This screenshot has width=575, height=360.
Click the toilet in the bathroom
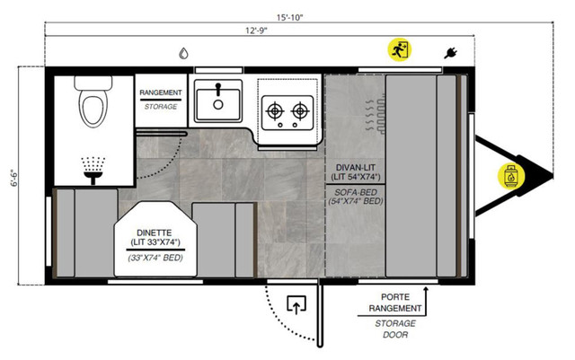(x=93, y=101)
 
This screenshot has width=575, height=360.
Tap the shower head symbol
(x=93, y=171)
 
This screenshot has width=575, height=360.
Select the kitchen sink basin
(x=218, y=105)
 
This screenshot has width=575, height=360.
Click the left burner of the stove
(x=275, y=110)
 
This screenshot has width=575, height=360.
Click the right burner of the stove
(x=300, y=110)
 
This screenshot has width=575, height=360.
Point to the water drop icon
(x=183, y=54)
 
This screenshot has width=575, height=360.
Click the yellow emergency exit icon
(x=399, y=49)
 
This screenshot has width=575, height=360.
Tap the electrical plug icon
(x=450, y=53)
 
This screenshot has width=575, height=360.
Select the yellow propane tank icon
(x=511, y=176)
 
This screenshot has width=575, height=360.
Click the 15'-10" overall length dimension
(x=289, y=17)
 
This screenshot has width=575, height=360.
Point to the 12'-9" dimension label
(x=256, y=31)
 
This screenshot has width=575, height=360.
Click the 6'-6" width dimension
(x=14, y=178)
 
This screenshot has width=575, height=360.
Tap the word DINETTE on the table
(x=154, y=233)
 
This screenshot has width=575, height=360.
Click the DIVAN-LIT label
(x=356, y=168)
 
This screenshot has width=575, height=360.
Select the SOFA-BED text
(x=356, y=192)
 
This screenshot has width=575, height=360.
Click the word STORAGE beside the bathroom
(x=161, y=107)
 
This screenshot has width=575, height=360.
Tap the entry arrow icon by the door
(x=296, y=304)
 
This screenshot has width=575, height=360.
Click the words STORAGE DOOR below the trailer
(x=395, y=329)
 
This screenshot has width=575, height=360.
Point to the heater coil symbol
(x=376, y=114)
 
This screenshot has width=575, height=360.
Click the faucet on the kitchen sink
(x=218, y=89)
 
